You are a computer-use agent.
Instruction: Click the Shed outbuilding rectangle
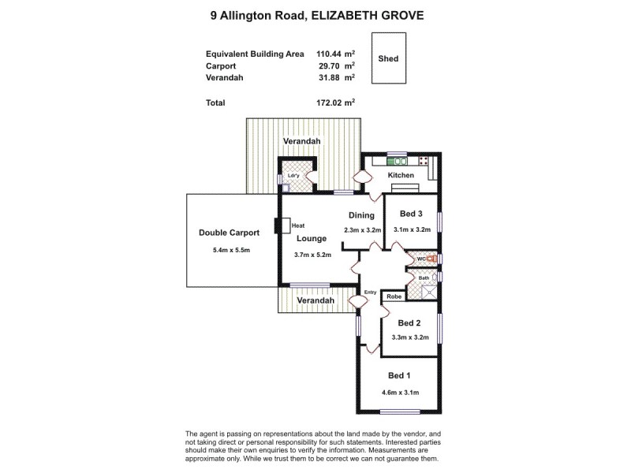[388, 59]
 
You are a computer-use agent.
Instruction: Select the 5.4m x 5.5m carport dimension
[230, 251]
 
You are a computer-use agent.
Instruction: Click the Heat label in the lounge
[298, 225]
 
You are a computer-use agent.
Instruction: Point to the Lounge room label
[312, 238]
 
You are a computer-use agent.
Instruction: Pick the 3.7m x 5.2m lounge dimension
[312, 255]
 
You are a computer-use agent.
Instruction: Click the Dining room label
[360, 215]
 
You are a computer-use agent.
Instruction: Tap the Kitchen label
[401, 175]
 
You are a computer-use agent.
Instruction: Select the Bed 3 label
[412, 214]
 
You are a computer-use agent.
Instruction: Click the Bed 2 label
[409, 322]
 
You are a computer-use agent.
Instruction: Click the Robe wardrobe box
[393, 297]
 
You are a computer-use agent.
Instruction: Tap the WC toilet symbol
[432, 258]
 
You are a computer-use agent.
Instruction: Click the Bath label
[424, 277]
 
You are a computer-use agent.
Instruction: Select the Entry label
[371, 292]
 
